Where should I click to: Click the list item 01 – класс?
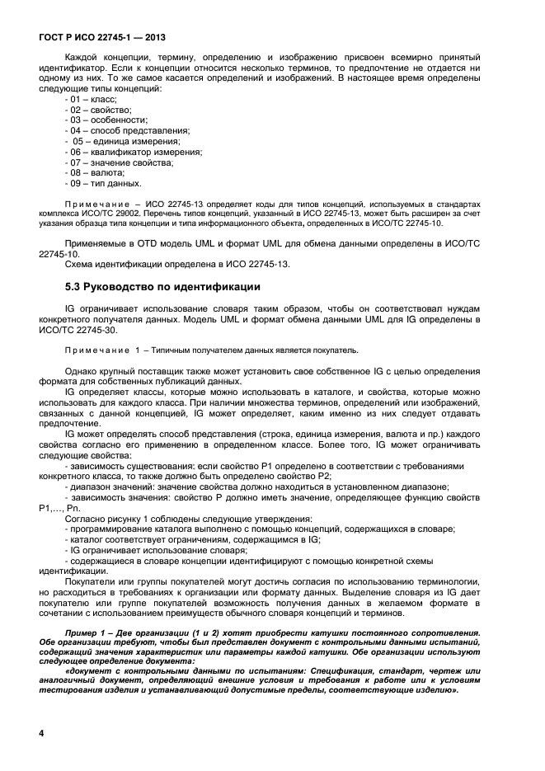92,99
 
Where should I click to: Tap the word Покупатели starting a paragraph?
92,581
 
